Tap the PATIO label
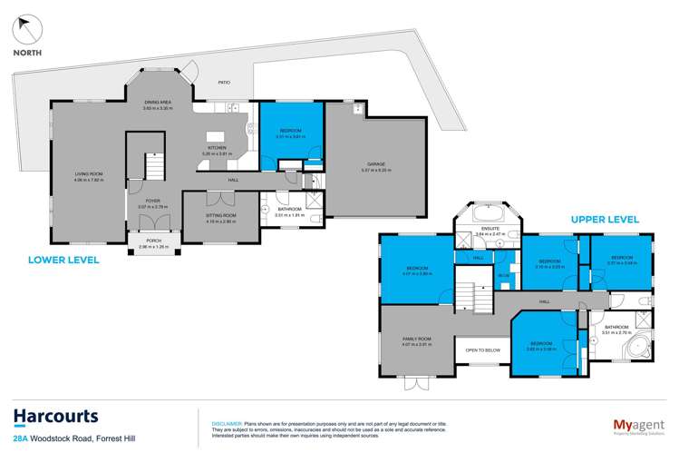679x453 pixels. [x=223, y=82]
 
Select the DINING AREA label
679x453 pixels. [x=158, y=105]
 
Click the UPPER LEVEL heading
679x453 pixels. [x=605, y=219]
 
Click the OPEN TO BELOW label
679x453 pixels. [x=483, y=350]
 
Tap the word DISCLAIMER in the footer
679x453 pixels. [x=225, y=423]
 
